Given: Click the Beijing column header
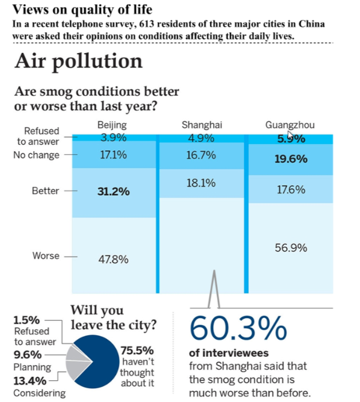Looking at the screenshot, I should click(x=112, y=124).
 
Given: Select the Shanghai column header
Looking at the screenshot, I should click(x=201, y=124).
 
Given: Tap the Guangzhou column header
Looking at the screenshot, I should click(x=290, y=124).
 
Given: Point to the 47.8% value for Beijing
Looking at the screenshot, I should click(x=114, y=259).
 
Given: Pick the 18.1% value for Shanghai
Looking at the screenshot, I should click(x=201, y=183).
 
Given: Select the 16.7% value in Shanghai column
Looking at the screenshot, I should click(x=201, y=155).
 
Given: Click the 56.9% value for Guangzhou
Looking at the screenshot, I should click(x=291, y=248).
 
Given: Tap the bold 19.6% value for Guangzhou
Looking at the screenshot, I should click(x=291, y=159).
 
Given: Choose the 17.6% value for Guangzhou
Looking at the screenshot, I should click(x=291, y=190).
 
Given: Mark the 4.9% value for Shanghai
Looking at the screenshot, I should click(x=201, y=137).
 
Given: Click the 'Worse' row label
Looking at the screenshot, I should click(x=46, y=256).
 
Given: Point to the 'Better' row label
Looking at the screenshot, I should click(x=45, y=191).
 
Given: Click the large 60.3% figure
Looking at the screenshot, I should click(x=238, y=328).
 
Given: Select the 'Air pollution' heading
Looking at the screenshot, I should click(x=79, y=61).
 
